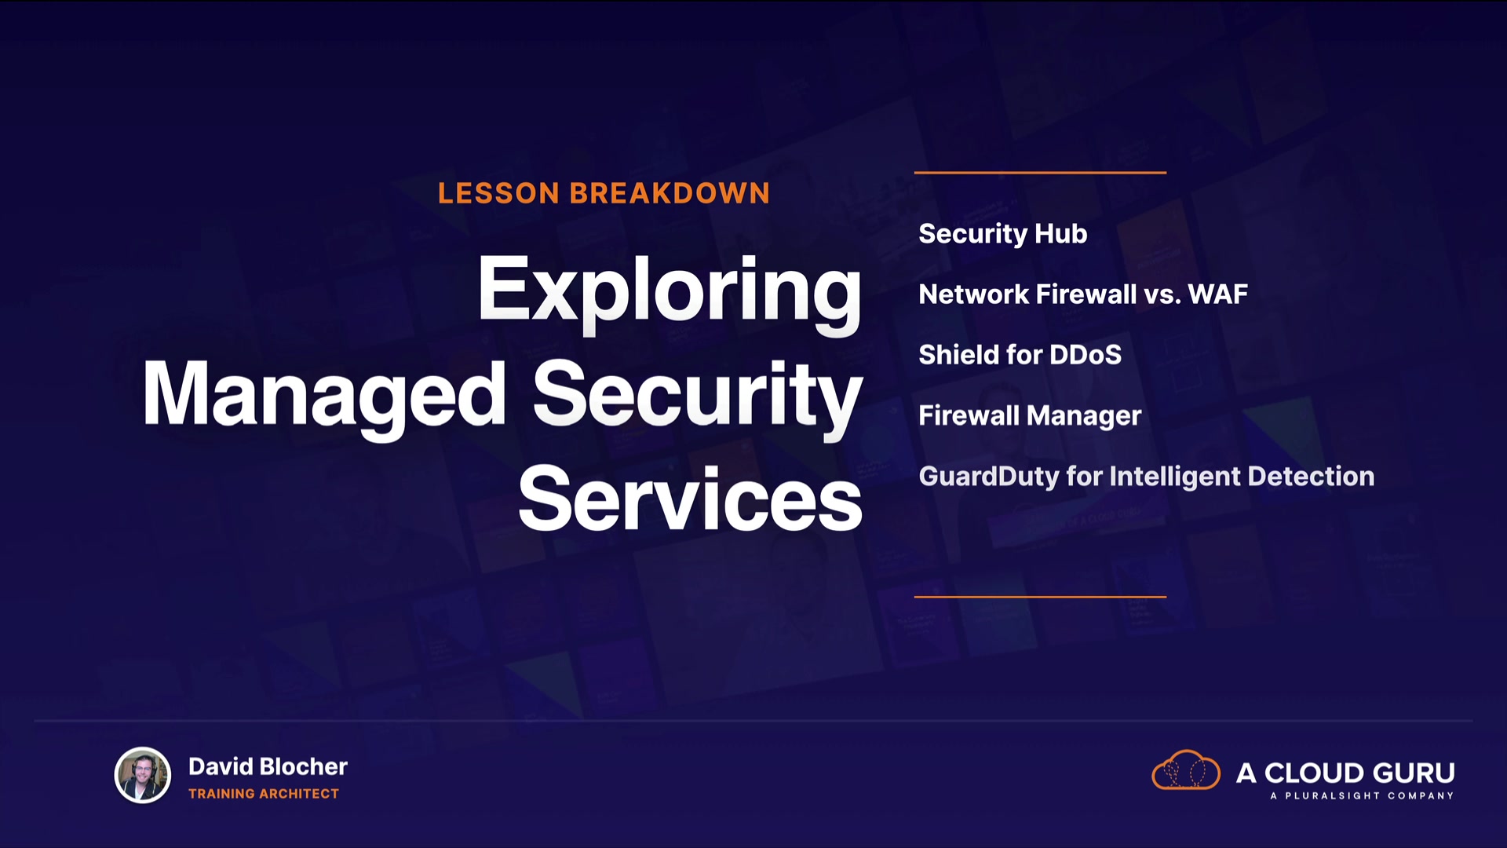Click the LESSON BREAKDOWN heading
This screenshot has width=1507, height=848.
click(604, 193)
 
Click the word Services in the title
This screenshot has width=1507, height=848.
click(690, 499)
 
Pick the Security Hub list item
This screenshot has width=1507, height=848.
click(1002, 234)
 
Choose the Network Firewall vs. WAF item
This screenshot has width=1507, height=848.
click(1083, 294)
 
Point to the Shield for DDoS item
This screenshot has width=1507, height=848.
click(1020, 355)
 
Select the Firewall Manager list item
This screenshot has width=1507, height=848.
click(1030, 416)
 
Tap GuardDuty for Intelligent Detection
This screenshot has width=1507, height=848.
click(1146, 477)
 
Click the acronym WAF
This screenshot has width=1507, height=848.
click(1217, 294)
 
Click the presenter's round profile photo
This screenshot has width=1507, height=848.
click(143, 775)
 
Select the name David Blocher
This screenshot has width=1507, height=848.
click(268, 766)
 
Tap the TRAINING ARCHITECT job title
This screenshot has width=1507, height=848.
click(264, 794)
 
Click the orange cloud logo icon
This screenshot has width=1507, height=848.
click(1185, 769)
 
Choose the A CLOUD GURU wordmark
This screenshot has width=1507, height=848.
click(1345, 773)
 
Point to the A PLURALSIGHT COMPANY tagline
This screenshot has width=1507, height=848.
click(1362, 795)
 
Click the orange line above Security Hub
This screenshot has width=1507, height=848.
click(1040, 172)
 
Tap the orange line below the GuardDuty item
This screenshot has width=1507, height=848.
click(1040, 597)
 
